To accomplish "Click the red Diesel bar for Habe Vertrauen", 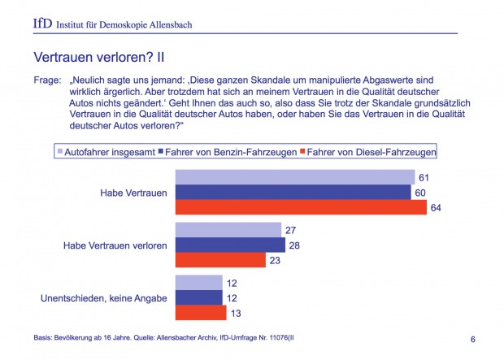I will click(x=301, y=207).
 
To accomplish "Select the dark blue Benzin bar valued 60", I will click(x=293, y=193).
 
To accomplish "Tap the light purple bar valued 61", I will click(x=295, y=178).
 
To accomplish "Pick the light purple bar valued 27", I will click(x=228, y=230).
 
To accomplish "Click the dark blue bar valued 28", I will click(x=231, y=245).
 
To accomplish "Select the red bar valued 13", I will click(x=201, y=312).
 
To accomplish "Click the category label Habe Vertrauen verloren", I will click(x=115, y=245).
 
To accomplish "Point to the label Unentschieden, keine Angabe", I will click(x=104, y=298).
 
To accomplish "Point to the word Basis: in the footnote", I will click(x=41, y=336).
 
